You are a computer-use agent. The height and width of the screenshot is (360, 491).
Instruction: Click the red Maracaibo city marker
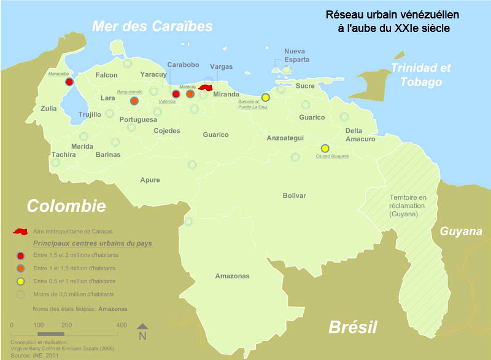[x=69, y=82]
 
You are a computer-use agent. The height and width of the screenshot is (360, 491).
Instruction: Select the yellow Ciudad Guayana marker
[x=325, y=148]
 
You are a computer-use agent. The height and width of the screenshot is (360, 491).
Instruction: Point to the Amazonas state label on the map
[x=232, y=276]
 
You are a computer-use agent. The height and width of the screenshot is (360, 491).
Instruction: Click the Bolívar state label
[x=294, y=195]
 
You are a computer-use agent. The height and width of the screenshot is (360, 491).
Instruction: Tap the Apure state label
[x=150, y=180]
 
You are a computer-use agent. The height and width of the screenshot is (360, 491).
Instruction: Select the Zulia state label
[x=48, y=108]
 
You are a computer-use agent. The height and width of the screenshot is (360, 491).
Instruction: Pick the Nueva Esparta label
[x=296, y=55]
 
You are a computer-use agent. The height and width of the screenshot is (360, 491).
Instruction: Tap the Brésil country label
[x=352, y=327]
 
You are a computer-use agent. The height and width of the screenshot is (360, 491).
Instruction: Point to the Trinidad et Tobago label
[x=420, y=75]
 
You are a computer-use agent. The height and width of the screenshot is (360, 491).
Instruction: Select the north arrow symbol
[x=142, y=331]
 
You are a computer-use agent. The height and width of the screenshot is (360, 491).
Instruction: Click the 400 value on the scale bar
[x=122, y=325]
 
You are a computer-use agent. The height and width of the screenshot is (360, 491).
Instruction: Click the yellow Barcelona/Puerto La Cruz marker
[x=266, y=97]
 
